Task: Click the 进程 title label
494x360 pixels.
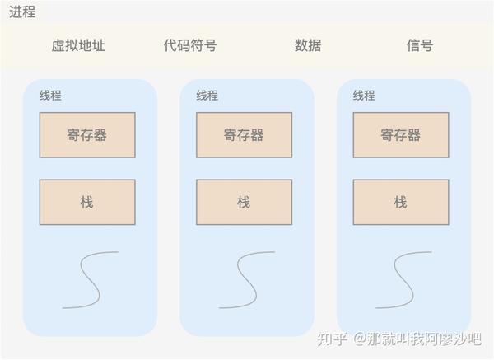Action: tap(22, 12)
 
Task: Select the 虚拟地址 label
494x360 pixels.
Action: tap(78, 45)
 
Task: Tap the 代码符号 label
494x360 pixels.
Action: tap(190, 45)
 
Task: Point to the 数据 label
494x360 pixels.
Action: tap(308, 45)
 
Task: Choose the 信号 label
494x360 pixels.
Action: tap(420, 45)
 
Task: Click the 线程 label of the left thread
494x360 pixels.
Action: tap(50, 96)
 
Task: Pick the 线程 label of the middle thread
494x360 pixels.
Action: tap(207, 96)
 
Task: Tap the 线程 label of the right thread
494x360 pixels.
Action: tap(364, 96)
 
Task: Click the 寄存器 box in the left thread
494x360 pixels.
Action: tap(87, 135)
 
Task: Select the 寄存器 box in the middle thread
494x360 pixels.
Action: tap(245, 135)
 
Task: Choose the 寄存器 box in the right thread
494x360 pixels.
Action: tap(401, 135)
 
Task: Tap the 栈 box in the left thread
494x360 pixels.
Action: tap(87, 202)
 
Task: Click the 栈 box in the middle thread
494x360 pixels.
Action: tap(245, 202)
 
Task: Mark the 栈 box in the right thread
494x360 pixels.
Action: tap(401, 202)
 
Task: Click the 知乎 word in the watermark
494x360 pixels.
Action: tap(332, 339)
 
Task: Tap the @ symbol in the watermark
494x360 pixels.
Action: tap(360, 339)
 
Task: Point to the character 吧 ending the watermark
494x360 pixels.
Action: tap(474, 339)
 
